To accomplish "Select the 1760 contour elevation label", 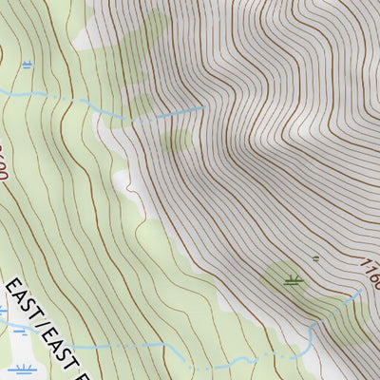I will (x=369, y=271).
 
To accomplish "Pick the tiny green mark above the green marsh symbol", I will (x=316, y=257).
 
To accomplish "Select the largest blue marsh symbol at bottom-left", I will (x=21, y=370).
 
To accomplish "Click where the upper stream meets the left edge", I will (x=2, y=92).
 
